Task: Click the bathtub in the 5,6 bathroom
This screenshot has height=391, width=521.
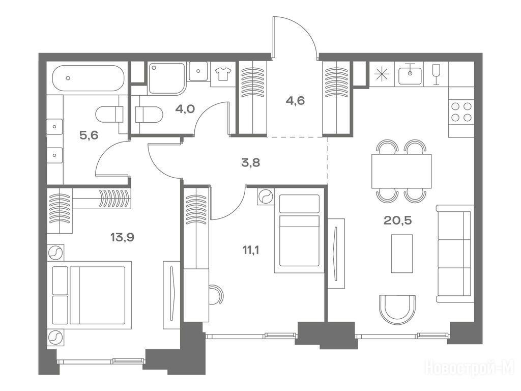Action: (x=88, y=78)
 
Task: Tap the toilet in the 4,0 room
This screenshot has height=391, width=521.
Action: (x=149, y=115)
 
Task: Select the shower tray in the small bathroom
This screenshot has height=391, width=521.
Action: (x=166, y=78)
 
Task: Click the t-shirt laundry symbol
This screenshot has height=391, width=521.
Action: (x=223, y=73)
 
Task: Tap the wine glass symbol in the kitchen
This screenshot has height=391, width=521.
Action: (x=436, y=74)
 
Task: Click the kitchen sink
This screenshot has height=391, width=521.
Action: (x=411, y=74)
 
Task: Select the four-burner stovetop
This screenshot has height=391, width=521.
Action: (x=461, y=112)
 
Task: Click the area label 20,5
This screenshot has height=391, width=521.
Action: (x=398, y=220)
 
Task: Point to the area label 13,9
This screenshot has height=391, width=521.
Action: (x=122, y=237)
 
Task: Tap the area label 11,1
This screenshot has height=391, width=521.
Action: (x=251, y=250)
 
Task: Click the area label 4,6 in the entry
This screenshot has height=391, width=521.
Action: (x=295, y=100)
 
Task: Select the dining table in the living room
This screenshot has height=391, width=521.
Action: (x=401, y=171)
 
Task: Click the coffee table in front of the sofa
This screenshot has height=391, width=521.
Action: (x=402, y=254)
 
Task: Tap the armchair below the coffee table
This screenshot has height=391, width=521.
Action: (x=397, y=310)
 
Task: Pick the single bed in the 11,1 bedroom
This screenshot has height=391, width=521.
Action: (x=299, y=231)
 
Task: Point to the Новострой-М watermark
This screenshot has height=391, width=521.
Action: (x=470, y=368)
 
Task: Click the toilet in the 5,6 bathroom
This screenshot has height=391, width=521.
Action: (x=109, y=115)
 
